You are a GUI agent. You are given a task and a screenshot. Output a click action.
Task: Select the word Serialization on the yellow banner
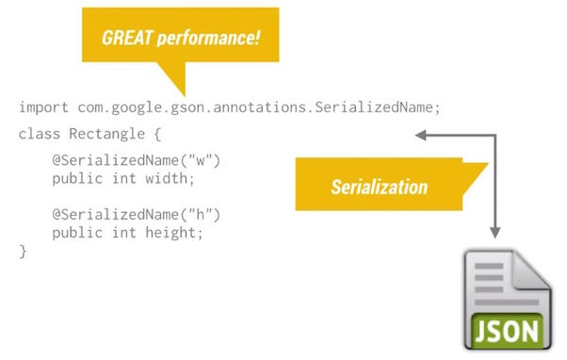pos(379,186)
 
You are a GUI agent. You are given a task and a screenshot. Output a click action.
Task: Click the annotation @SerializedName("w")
pos(137,160)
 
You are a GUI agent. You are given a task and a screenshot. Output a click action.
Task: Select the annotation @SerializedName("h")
pos(137,214)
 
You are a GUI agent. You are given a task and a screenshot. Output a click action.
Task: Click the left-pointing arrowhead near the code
pos(421,135)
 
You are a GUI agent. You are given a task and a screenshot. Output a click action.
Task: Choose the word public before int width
pos(75,178)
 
